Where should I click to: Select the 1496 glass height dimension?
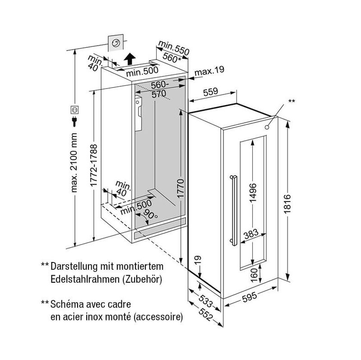click(x=253, y=193)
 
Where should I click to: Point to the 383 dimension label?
click(x=251, y=234)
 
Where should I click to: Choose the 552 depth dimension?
click(x=205, y=314)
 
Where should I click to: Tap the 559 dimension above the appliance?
click(x=210, y=92)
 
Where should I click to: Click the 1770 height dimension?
click(x=181, y=188)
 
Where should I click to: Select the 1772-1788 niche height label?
click(x=94, y=165)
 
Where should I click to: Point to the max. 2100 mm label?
click(x=74, y=163)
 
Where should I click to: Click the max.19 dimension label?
click(x=209, y=71)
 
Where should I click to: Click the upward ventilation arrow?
click(x=130, y=59)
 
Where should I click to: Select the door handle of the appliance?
click(x=234, y=210)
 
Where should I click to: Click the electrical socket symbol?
click(x=74, y=110)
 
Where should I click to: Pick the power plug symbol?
click(x=74, y=122)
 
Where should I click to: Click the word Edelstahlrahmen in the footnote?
click(x=85, y=279)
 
